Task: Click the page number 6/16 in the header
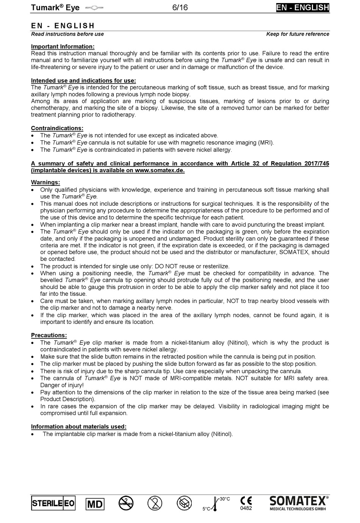click(x=180, y=8)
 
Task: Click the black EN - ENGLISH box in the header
click(x=302, y=8)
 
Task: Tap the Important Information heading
click(x=63, y=47)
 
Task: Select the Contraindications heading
click(x=57, y=128)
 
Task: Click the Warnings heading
click(x=45, y=182)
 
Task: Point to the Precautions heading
click(x=49, y=335)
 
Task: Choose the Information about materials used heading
click(x=79, y=427)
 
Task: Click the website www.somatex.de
click(x=159, y=170)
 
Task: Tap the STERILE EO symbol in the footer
click(x=53, y=504)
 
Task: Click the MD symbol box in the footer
click(x=95, y=504)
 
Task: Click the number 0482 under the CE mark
click(x=246, y=508)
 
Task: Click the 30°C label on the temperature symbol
click(x=225, y=499)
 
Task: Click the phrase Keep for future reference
click(x=297, y=34)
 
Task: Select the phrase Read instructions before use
click(x=67, y=34)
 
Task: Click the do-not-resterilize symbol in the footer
click(x=126, y=503)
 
